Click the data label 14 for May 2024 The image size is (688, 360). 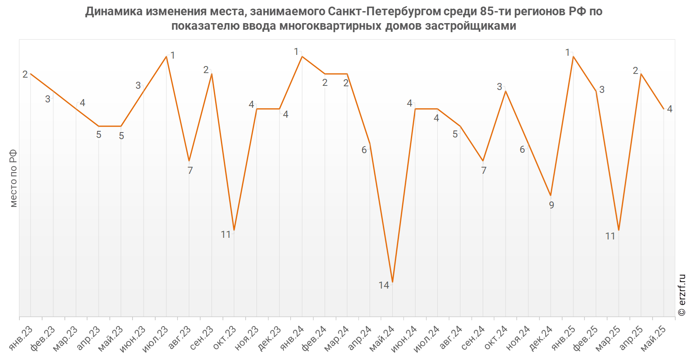384,285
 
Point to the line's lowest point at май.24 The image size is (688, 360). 392,282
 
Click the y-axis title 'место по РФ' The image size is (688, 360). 13,178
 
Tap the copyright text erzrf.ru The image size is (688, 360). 682,295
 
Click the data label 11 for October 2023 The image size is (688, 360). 225,234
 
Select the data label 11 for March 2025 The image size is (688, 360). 610,236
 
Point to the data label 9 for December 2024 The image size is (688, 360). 551,205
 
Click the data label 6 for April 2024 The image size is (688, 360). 364,150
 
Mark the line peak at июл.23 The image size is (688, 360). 166,57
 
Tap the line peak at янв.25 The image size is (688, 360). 573,57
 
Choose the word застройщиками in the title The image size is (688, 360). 471,26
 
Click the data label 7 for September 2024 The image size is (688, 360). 484,171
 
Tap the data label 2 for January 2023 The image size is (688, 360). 25,74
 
